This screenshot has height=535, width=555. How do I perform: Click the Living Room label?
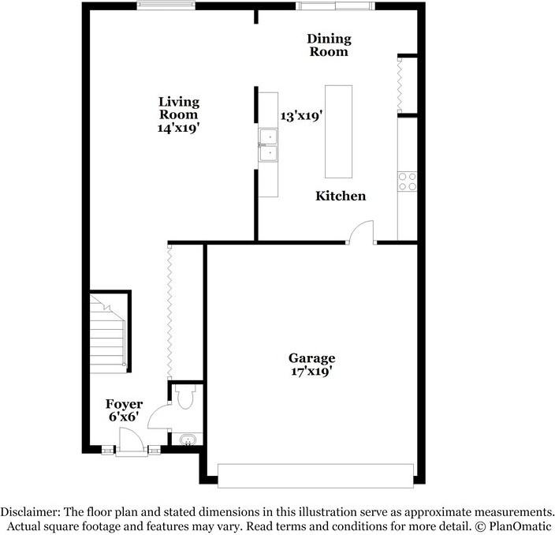point(178,108)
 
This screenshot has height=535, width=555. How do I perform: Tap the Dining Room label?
point(329,45)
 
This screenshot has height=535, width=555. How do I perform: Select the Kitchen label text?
point(341,196)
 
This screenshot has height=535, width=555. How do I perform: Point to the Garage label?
point(311,357)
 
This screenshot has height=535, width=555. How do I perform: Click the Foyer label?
point(124,404)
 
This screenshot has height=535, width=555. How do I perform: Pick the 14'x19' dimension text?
point(178,128)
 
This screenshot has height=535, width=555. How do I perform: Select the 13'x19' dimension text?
point(302,116)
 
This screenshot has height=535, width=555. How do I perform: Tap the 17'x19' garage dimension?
point(311,372)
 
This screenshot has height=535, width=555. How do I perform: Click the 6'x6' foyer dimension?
point(124,417)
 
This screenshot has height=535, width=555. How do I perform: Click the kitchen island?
point(339,131)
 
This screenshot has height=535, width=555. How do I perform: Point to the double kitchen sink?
point(268,145)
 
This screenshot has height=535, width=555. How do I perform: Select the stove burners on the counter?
point(408,181)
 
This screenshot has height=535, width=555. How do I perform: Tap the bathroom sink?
point(188,440)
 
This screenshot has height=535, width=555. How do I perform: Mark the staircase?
point(109,331)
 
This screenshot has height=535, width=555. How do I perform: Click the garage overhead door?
point(315,475)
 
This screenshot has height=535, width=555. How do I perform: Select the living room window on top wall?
point(166,6)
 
